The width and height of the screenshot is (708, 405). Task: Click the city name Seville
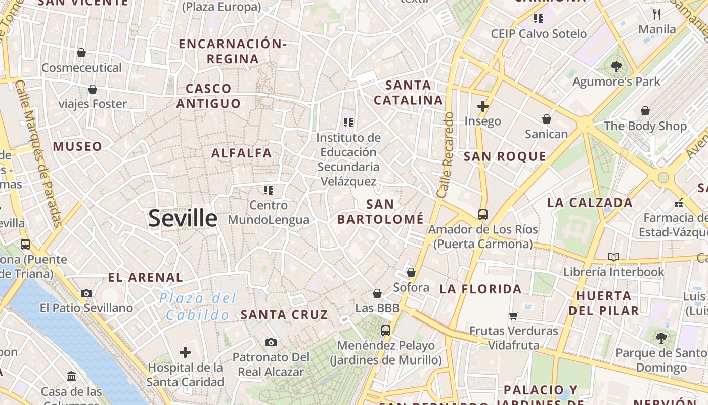click(x=183, y=218)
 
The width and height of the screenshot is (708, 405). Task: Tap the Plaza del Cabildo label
click(x=198, y=306)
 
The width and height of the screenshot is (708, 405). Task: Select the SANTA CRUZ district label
click(x=284, y=314)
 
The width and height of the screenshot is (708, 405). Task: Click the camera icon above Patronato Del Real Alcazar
click(x=271, y=342)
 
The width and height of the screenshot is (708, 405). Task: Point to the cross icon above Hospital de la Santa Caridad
click(x=185, y=352)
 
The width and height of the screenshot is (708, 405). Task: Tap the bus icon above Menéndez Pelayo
click(x=386, y=330)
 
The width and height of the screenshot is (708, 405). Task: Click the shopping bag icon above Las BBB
click(x=377, y=293)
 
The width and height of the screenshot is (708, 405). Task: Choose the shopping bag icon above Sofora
click(x=411, y=272)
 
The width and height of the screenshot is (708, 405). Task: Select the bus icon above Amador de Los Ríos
click(x=483, y=214)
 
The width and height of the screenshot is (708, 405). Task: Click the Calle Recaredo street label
click(x=446, y=155)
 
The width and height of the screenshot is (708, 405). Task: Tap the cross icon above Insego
click(x=483, y=106)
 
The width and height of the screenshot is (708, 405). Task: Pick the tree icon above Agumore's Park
click(x=616, y=66)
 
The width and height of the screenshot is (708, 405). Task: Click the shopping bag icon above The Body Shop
click(x=645, y=111)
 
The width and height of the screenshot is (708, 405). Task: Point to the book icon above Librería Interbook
click(x=614, y=257)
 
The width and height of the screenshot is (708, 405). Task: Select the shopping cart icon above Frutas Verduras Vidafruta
click(x=514, y=316)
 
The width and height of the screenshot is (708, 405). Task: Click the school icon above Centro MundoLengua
click(x=269, y=190)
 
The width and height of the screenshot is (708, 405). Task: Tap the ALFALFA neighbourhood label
click(x=242, y=153)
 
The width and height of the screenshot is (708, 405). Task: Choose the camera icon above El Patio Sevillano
click(x=86, y=293)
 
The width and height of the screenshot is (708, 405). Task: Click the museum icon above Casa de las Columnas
click(x=71, y=377)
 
